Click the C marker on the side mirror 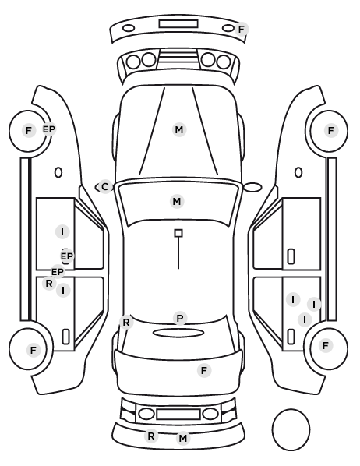click(104, 187)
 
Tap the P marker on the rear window click(180, 318)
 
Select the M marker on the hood click(179, 130)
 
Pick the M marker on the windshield click(177, 202)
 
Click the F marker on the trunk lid click(204, 371)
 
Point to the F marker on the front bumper click(242, 29)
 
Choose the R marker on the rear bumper click(151, 436)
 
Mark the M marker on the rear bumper click(183, 439)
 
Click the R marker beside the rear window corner click(126, 322)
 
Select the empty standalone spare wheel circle click(291, 410)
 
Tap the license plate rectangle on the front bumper click(178, 24)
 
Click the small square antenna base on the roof click(178, 233)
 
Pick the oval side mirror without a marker click(252, 187)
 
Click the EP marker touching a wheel click(49, 129)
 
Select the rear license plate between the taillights click(178, 415)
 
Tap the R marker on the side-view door click(49, 283)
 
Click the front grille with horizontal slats click(178, 57)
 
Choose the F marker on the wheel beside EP click(29, 130)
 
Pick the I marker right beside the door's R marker click(63, 290)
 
